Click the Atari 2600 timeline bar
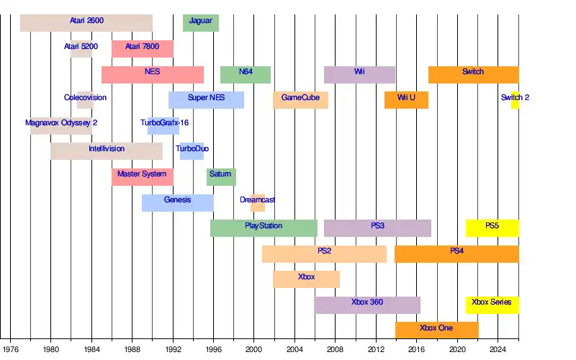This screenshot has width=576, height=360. tap(86, 22)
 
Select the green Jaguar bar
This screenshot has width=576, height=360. tap(201, 22)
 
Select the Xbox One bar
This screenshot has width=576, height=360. tap(436, 330)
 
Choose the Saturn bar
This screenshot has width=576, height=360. tap(221, 176)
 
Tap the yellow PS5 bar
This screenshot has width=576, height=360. tap(492, 228)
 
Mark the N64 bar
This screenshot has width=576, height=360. tap(246, 74)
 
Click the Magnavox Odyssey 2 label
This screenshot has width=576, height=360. tap(61, 123)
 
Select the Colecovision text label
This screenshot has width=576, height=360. tap(85, 97)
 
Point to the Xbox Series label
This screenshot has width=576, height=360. tap(492, 302)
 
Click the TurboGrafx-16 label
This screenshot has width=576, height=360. tap(165, 123)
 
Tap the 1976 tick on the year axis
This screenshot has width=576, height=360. tap(10, 349)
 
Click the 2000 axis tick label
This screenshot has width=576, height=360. tap(254, 349)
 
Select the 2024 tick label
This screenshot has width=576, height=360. tap(498, 349)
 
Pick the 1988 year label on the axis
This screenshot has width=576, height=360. tap(132, 349)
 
